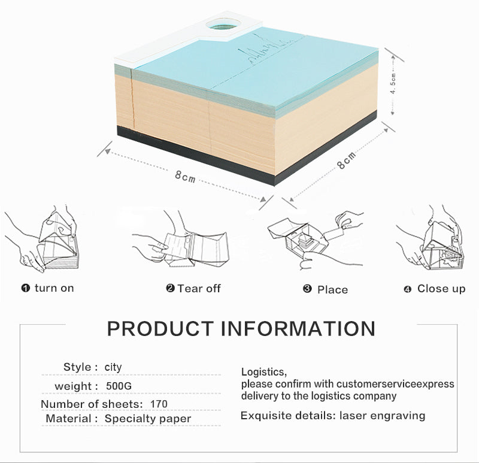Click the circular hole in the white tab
coord(223,24)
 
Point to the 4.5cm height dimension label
coord(394,83)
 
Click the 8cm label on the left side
coord(185,177)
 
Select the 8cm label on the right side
coord(346,160)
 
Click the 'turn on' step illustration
coord(43,239)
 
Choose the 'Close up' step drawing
coord(430,238)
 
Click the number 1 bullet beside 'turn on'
coord(26,288)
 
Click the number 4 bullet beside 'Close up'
coord(408,289)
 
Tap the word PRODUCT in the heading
coord(160,329)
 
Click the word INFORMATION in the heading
coord(298,329)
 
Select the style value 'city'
coord(113,367)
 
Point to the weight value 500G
coord(119,386)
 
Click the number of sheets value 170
coord(159,404)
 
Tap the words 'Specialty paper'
coord(148,419)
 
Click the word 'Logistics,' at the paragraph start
coord(264,372)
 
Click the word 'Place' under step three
coord(332,290)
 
